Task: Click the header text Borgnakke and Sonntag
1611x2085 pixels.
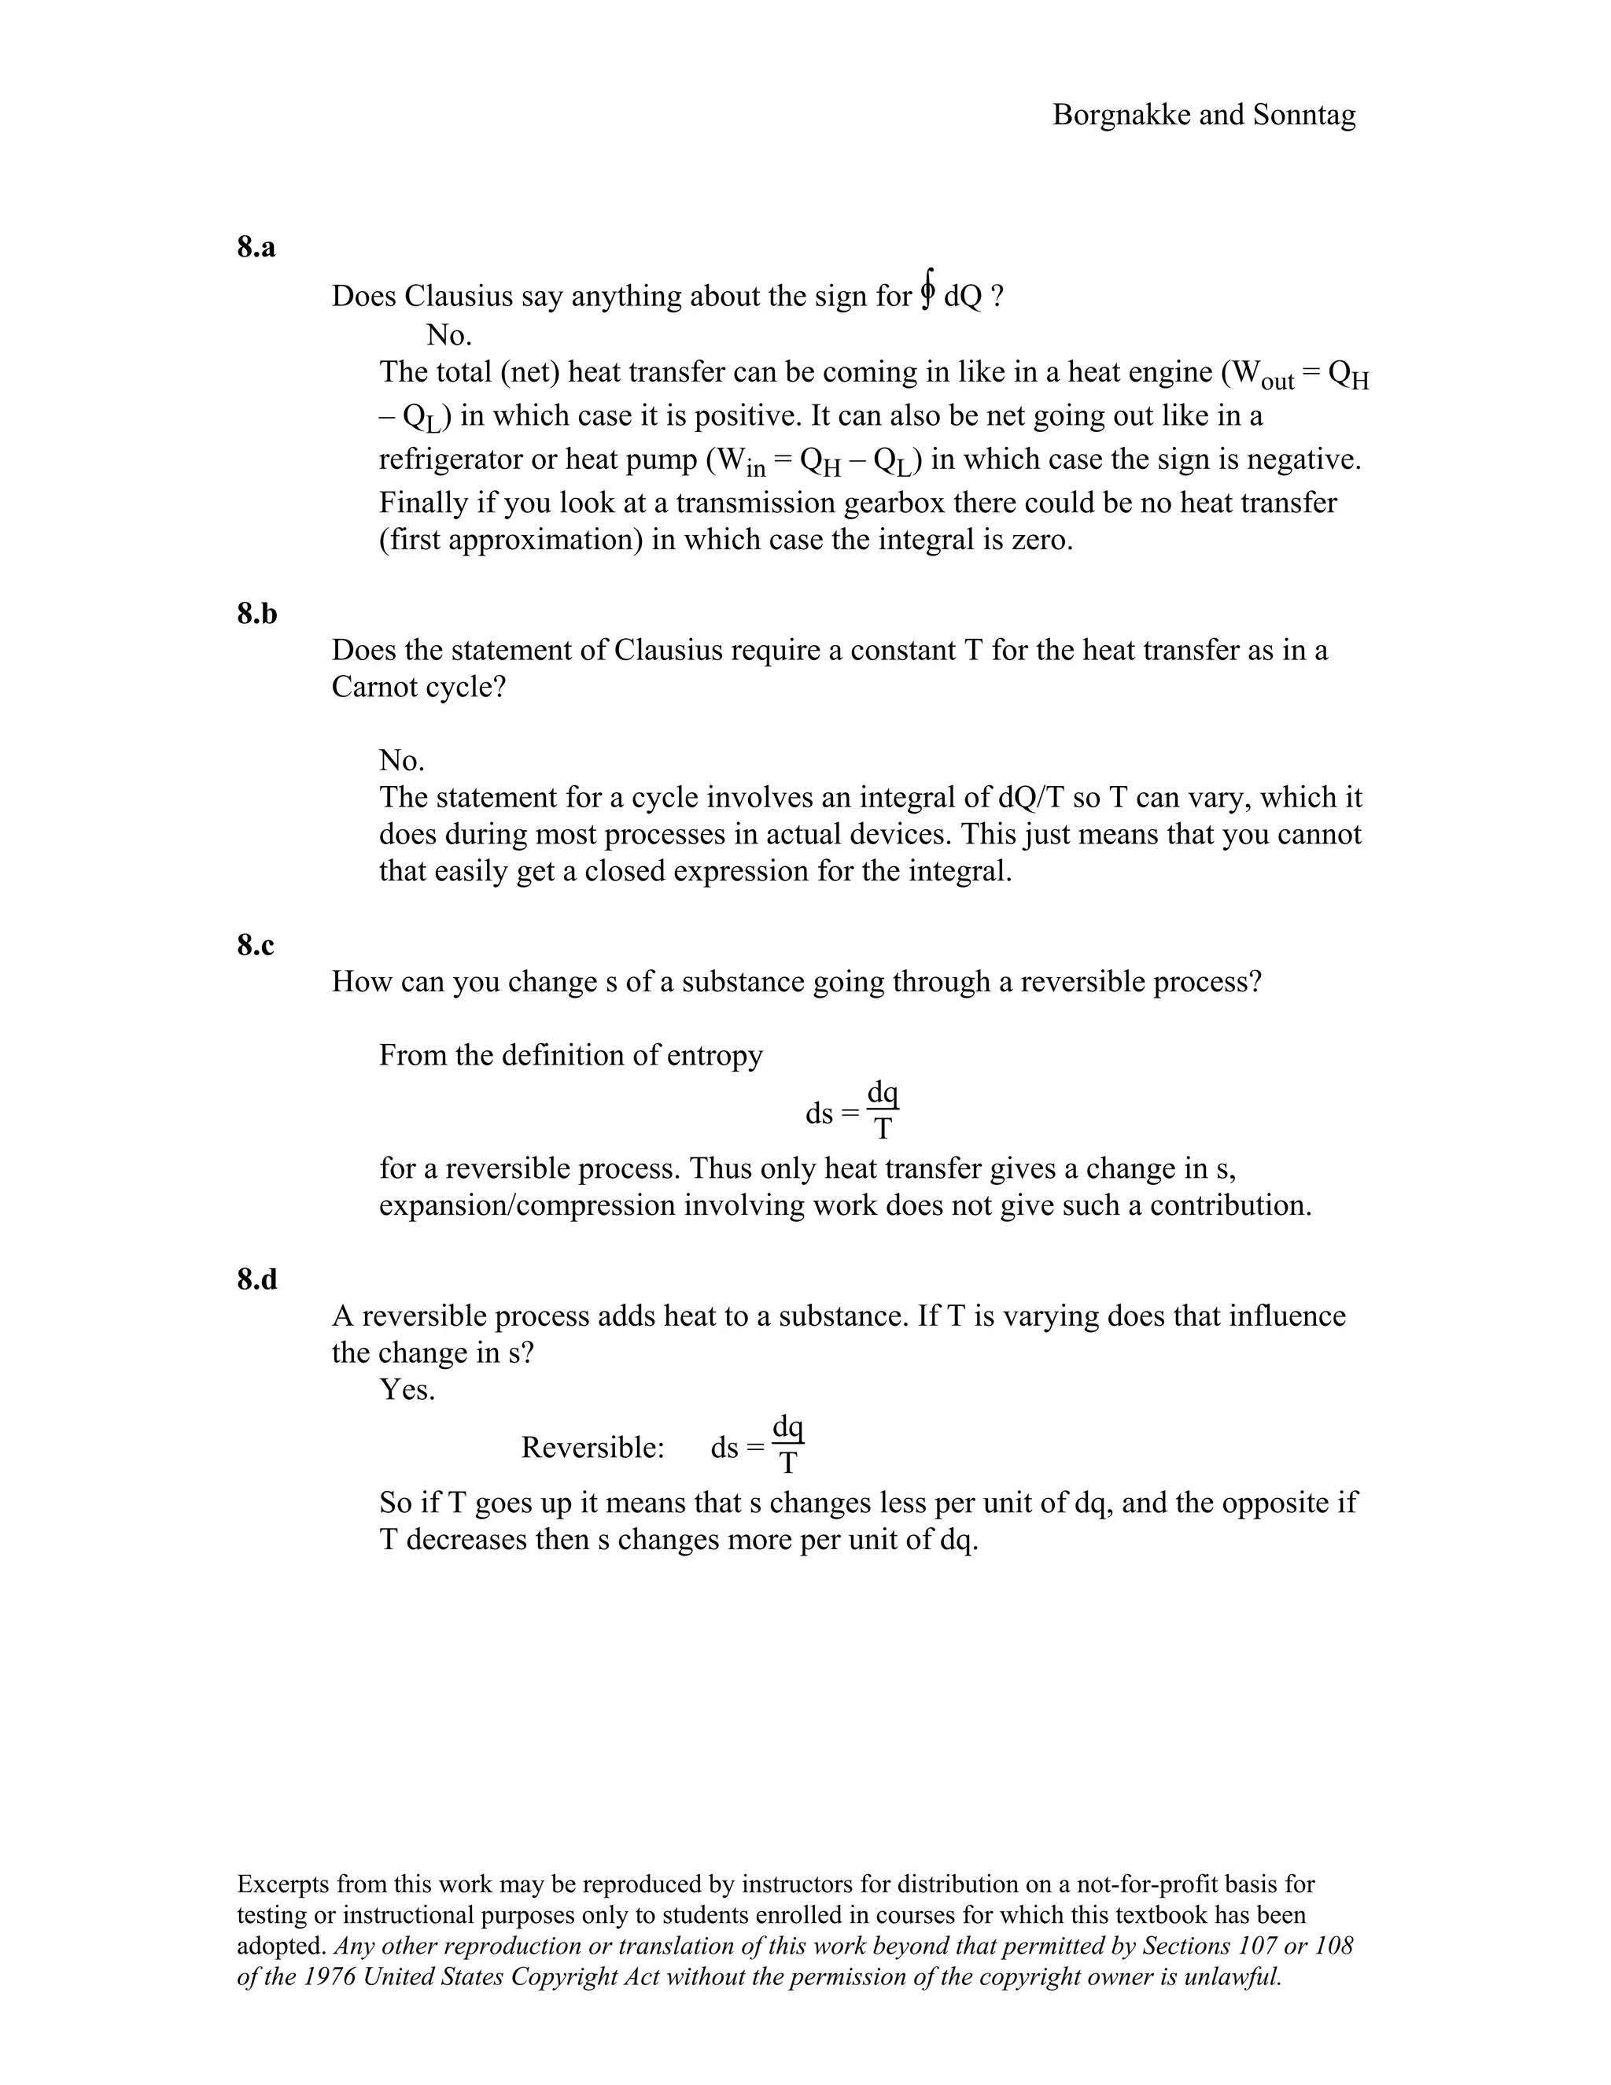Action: click(x=1204, y=116)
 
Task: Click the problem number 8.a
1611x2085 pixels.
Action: click(x=256, y=247)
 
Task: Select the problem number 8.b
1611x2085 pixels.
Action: click(x=256, y=614)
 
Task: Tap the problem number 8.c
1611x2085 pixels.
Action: click(x=255, y=945)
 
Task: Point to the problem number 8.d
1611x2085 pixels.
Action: click(x=256, y=1279)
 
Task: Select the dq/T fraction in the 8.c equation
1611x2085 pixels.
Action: click(x=883, y=1110)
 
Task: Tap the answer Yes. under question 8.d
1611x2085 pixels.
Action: click(x=407, y=1390)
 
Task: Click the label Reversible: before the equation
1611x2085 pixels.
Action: click(x=592, y=1448)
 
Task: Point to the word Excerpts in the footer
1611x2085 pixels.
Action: click(x=282, y=1884)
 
